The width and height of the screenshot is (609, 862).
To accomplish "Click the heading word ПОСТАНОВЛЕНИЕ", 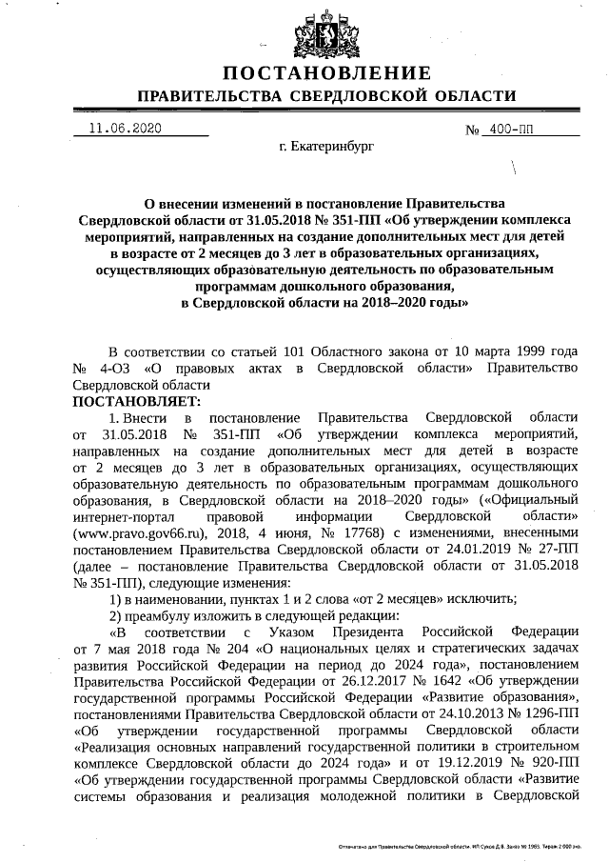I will [327, 74].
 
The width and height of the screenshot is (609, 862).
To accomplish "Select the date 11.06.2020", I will [125, 129].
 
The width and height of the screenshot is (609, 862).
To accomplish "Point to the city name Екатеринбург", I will [326, 149].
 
